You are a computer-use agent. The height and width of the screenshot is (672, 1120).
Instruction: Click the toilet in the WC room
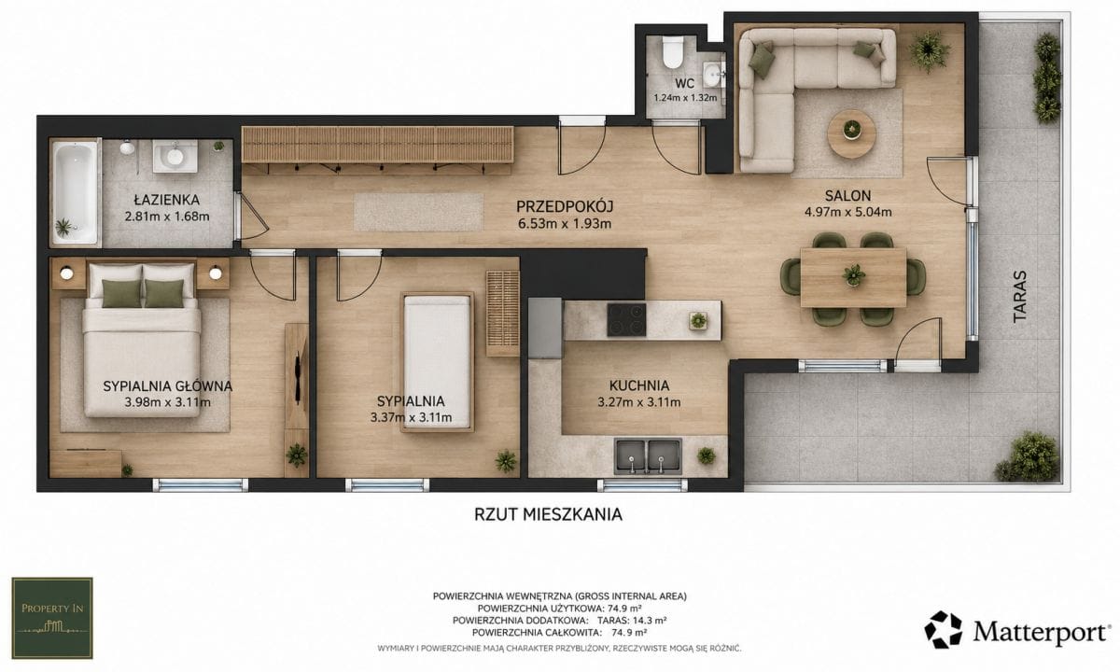pos(671,53)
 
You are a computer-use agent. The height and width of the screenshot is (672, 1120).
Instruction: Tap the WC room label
pos(684,83)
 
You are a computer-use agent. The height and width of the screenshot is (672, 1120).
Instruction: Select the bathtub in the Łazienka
pos(75,192)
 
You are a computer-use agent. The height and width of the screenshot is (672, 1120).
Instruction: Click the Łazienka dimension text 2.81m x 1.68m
pos(167,217)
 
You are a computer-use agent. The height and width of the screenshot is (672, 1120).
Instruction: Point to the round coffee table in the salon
pos(851,134)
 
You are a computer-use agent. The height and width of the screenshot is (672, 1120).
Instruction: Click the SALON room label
pos(848,195)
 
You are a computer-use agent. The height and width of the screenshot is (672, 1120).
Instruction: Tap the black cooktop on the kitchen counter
pos(626,320)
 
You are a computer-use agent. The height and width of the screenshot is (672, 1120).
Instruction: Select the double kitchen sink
pos(648,457)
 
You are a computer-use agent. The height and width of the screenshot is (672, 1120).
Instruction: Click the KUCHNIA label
pos(639,385)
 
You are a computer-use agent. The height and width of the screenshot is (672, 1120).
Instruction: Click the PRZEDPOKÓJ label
pos(565,206)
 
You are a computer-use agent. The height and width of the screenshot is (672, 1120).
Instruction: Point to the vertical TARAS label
pos(1019,297)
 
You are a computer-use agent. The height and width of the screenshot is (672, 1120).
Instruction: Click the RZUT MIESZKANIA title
pos(548,514)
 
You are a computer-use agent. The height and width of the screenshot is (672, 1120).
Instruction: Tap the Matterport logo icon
pos(943,629)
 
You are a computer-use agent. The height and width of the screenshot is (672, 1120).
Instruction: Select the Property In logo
pos(52,618)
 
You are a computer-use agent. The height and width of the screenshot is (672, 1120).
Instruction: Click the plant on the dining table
pos(853,275)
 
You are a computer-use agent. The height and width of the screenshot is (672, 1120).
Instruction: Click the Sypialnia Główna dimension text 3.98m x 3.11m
pos(167,402)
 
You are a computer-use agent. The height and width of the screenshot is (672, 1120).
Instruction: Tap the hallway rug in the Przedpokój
pos(418,213)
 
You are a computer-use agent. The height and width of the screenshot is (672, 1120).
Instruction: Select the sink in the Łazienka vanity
pos(175,156)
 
